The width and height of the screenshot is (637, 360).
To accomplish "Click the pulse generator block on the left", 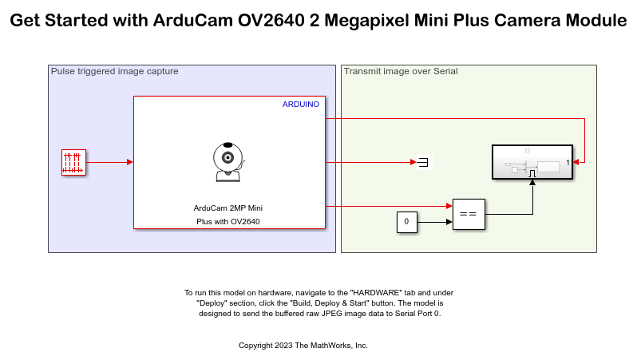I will click(73, 162).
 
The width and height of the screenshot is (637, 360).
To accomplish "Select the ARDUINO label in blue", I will click(301, 105).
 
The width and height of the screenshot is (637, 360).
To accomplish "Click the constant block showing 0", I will click(406, 221).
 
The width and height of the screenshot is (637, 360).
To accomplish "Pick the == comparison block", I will click(469, 214).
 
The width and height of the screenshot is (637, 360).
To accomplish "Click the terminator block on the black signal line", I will click(423, 162).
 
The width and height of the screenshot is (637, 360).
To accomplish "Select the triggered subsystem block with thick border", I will click(532, 164).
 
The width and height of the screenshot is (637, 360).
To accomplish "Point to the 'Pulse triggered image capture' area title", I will click(114, 71).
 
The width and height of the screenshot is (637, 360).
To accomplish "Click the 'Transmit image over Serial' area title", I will click(401, 71).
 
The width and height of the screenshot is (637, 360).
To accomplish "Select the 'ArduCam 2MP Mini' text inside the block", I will click(228, 208).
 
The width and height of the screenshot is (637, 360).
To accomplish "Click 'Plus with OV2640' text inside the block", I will click(228, 221).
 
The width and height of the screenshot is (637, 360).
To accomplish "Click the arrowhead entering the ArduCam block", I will click(129, 162).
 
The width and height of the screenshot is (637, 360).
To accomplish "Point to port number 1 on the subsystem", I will click(567, 163).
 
